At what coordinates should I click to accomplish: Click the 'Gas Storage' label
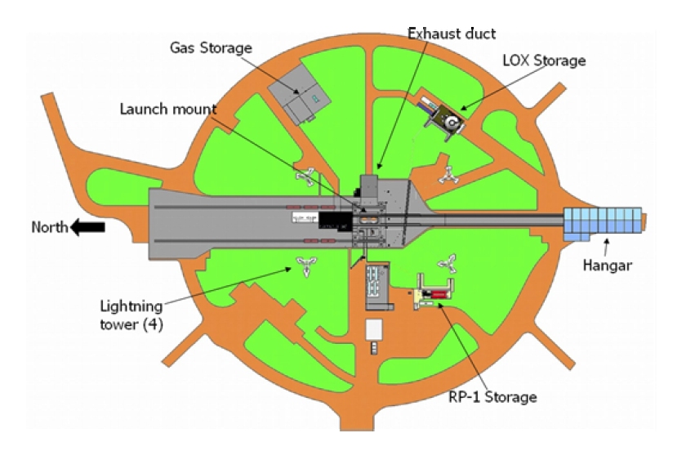coord(211,47)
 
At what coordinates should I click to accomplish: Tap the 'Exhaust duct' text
coord(452,33)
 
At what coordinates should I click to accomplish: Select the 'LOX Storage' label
coord(544,60)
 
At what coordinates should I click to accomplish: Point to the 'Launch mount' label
coord(168,109)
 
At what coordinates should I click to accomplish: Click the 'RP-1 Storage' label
coord(493,397)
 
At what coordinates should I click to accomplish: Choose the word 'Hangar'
coord(608,265)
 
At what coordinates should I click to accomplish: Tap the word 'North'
coord(50,227)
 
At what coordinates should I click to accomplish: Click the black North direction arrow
coord(87,227)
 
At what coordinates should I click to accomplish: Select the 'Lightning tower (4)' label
coord(131,315)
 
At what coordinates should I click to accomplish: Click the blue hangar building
coord(603,223)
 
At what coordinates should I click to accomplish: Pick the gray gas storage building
coord(299,94)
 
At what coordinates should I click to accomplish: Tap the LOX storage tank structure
coord(443,117)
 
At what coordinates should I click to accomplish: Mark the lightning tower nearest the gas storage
coord(305,176)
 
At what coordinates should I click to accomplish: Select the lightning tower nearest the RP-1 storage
coord(448,264)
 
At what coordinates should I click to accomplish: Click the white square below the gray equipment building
coord(374,329)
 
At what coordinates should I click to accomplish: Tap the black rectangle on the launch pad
coord(336,221)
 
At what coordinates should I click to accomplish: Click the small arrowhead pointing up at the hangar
coord(606,242)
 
